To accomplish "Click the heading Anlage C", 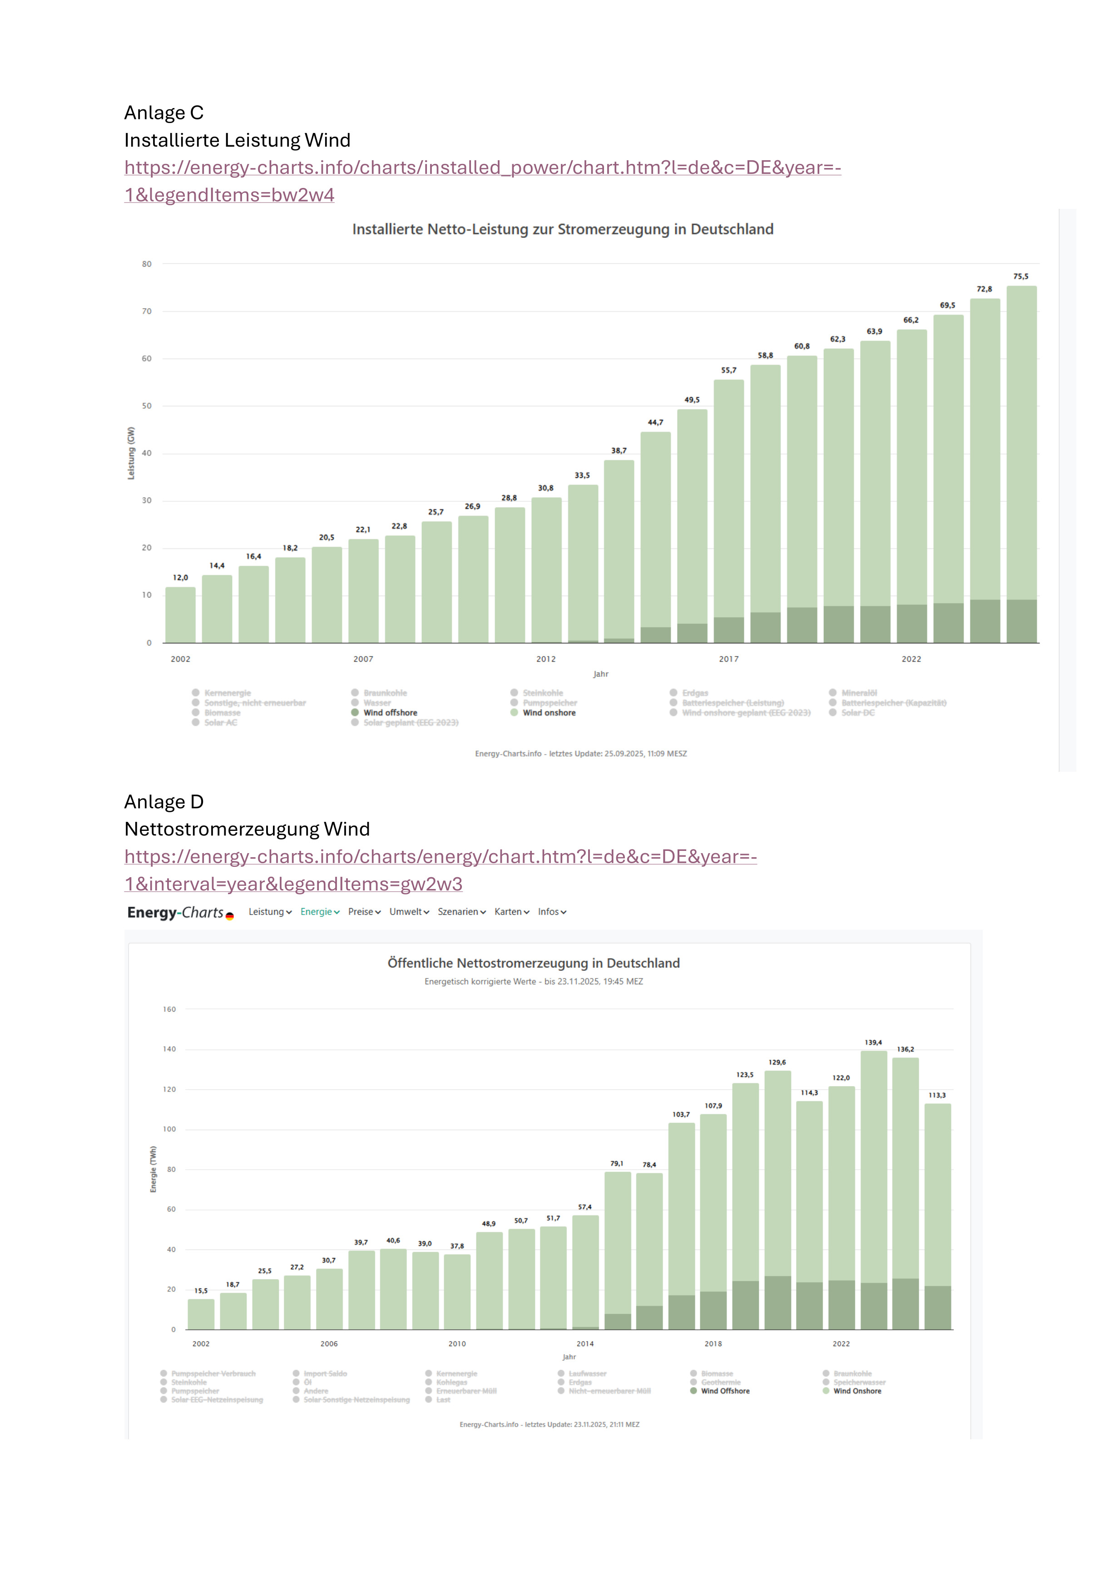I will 163,113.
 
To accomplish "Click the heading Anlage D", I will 163,802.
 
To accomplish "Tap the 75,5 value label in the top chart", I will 1020,277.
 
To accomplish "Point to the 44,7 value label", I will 655,422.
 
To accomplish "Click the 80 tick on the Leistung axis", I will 147,264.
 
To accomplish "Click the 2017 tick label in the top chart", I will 728,659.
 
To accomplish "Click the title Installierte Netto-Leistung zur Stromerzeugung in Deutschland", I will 562,229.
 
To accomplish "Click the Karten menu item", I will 511,912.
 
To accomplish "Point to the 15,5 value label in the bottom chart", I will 200,1290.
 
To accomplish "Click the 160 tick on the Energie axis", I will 169,1009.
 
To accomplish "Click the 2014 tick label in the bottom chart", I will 585,1344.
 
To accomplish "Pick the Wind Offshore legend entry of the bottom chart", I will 725,1391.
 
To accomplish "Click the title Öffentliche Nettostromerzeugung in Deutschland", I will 534,963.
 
